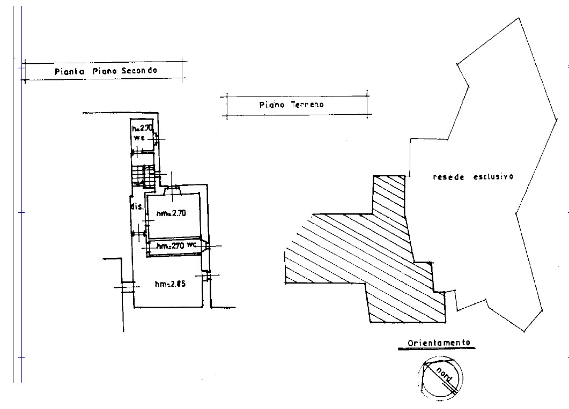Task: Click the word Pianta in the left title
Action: tap(69, 71)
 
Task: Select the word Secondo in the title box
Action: tap(139, 70)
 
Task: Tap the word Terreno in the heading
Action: tap(307, 105)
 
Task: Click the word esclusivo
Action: tap(493, 177)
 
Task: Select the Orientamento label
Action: tap(439, 343)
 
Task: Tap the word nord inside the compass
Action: tap(444, 375)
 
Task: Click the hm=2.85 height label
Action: tap(170, 284)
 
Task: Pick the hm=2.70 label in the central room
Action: tap(171, 213)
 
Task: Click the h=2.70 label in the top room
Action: tap(142, 128)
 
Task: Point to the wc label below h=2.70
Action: tap(139, 138)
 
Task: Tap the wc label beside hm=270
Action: tap(191, 245)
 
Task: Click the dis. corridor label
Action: tap(137, 207)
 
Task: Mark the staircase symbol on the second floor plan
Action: tap(143, 176)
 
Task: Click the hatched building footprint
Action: tap(363, 254)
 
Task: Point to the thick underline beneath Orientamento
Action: tap(437, 348)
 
